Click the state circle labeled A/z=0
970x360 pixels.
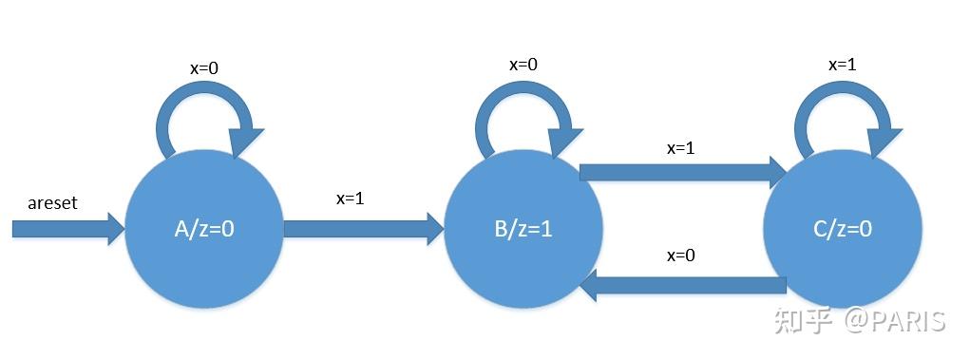click(x=204, y=230)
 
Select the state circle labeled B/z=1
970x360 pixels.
click(x=523, y=230)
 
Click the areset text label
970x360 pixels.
click(x=52, y=203)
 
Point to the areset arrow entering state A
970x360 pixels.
click(x=67, y=228)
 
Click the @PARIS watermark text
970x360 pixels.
click(x=892, y=321)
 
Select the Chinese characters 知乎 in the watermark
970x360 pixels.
click(x=804, y=321)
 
